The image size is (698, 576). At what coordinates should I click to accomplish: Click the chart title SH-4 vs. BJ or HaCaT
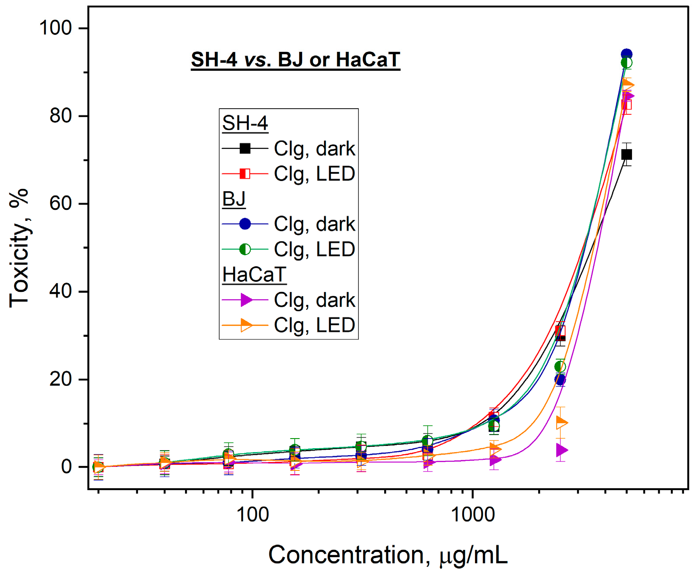pos(296,59)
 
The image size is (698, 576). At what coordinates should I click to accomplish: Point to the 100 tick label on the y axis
pos(55,28)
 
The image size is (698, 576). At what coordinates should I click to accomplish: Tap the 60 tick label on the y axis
pos(61,203)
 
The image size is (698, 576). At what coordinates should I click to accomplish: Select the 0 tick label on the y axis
pos(66,467)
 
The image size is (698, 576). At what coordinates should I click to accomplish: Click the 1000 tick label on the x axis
pos(473,515)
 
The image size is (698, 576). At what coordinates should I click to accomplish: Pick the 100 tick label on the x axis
pos(252,515)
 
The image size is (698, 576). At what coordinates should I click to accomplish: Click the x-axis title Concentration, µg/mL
pos(388,555)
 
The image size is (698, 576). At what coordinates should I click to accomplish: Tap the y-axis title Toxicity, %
pos(19,248)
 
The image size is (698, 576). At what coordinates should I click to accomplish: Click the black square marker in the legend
pos(245,149)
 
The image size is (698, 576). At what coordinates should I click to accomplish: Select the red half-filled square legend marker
pos(245,174)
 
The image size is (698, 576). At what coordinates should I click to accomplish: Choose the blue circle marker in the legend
pos(245,224)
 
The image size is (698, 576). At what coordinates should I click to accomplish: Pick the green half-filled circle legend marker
pos(245,249)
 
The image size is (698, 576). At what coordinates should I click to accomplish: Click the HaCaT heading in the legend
pos(254,275)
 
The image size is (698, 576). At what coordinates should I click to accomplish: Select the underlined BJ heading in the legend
pos(234,199)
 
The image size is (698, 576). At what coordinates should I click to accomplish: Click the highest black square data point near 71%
pos(626,154)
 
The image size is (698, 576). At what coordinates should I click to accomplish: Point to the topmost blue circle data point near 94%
pos(626,55)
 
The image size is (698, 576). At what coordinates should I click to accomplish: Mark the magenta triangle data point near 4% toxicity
pos(562,450)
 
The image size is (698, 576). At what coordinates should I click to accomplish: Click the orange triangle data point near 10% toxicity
pos(561,422)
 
